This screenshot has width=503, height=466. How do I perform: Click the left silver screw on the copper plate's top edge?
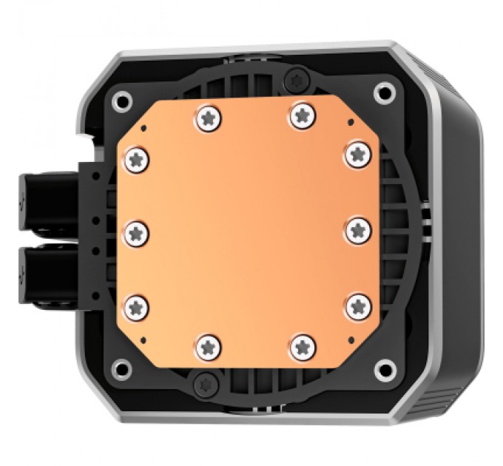tap(207, 115)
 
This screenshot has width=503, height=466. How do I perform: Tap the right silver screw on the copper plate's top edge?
tap(300, 115)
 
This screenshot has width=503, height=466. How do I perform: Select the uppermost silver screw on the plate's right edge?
tap(357, 155)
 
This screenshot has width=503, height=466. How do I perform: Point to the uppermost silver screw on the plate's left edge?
tap(138, 158)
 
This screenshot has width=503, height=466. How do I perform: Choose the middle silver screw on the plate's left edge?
tap(138, 232)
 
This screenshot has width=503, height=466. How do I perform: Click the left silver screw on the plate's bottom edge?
tap(209, 344)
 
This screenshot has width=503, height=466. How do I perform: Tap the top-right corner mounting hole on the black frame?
tap(383, 92)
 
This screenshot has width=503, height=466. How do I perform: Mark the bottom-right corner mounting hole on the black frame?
tap(383, 369)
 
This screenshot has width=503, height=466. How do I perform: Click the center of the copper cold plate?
tap(248, 231)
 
